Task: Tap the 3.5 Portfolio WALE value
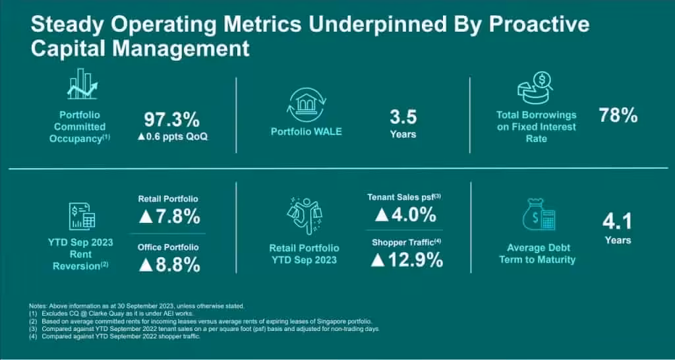(x=403, y=118)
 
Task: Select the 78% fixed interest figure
(x=618, y=116)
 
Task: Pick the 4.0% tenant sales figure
(x=404, y=214)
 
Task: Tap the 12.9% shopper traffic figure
(x=407, y=260)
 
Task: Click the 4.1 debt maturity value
(x=618, y=221)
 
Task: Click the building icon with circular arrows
(x=306, y=104)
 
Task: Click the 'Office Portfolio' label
(x=168, y=247)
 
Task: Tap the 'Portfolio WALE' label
(x=306, y=131)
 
